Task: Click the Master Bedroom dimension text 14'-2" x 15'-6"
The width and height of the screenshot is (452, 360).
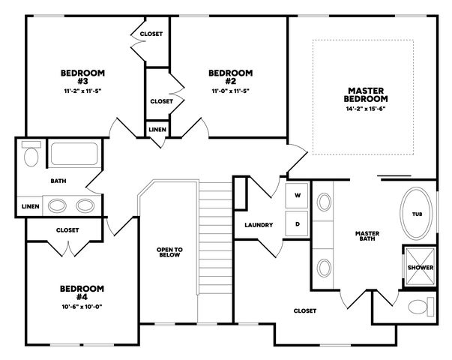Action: point(366,109)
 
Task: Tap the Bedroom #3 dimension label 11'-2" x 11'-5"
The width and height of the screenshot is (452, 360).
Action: point(82,91)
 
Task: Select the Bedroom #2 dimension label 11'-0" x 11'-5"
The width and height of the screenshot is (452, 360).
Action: point(231,91)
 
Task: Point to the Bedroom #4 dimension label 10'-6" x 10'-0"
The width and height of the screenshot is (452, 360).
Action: point(82,306)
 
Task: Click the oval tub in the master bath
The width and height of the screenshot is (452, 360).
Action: point(416,214)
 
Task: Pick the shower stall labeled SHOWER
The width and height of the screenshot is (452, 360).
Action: point(420,267)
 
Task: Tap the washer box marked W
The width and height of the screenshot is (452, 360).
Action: point(297,196)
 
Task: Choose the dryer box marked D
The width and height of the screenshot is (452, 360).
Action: point(297,224)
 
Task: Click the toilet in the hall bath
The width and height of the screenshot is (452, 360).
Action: point(31,154)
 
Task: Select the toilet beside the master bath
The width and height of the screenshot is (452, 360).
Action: point(421,307)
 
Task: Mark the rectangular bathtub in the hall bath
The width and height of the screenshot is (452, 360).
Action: point(74,154)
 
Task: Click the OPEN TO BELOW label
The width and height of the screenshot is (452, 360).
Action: point(169,252)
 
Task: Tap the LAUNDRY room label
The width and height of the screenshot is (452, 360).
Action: point(259,225)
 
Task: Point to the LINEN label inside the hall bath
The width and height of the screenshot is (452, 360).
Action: point(30,206)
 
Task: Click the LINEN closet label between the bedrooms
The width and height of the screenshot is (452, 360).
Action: point(157,130)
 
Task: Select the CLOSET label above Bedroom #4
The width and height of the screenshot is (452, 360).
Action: point(67,230)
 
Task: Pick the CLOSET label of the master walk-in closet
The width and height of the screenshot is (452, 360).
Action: point(304,310)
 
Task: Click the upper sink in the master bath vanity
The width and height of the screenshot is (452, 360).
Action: point(324,202)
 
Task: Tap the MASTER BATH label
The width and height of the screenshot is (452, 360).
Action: point(367,236)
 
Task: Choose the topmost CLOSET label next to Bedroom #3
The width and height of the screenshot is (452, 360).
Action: point(151,34)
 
